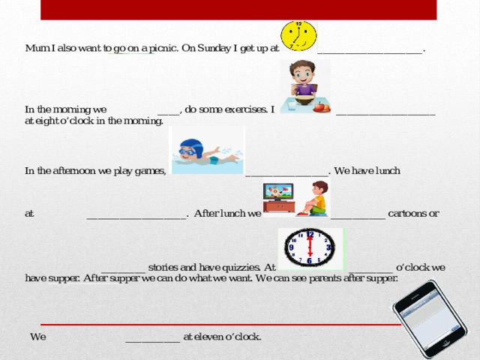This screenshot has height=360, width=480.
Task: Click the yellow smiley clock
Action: click(298, 36)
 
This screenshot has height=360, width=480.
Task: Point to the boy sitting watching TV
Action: click(313, 198)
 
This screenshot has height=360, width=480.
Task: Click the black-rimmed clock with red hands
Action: click(310, 247)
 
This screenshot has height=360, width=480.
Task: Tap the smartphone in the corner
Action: click(430, 319)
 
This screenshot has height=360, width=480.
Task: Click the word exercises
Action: click(246, 109)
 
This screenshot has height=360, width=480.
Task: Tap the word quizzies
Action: click(241, 268)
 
